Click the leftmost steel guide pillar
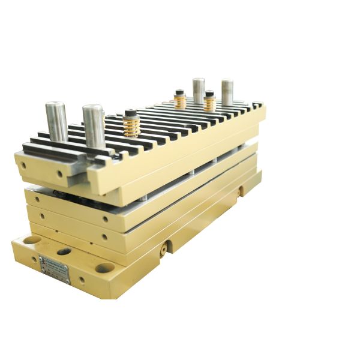coord(56,122)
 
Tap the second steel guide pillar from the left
coord(94,126)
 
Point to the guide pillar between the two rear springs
coord(198,91)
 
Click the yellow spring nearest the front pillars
coord(131,126)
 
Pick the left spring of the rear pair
coord(180,100)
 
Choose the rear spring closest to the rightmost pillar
coord(209,103)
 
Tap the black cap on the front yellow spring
coord(131,113)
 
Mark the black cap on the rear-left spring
coord(179,92)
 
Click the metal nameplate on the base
coord(55,270)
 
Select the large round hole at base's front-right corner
coord(104,268)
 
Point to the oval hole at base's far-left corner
coord(32,239)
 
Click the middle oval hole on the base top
coord(64,251)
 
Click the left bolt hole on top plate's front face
coord(23,164)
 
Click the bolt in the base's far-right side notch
coord(241,190)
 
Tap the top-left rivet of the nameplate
coord(41,258)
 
